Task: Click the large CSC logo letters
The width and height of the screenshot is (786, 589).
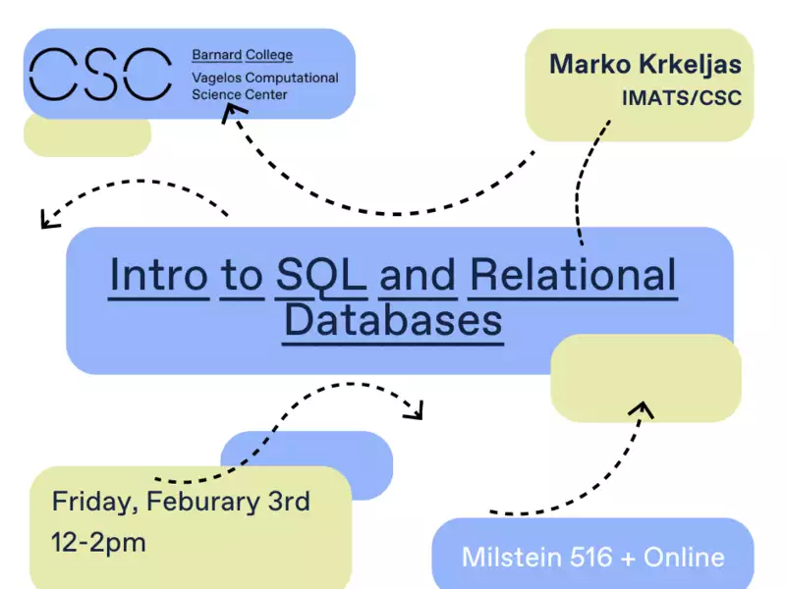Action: tap(101, 75)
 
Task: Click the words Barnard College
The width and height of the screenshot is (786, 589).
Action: tap(242, 55)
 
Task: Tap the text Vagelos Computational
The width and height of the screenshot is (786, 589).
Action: tap(265, 79)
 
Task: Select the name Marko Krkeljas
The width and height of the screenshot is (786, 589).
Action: tap(646, 65)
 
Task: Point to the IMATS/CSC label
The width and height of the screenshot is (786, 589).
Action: tap(682, 97)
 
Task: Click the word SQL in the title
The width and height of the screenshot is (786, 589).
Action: tap(321, 276)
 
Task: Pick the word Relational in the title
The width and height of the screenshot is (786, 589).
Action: tap(573, 275)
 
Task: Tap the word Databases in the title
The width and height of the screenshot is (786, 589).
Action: tap(393, 320)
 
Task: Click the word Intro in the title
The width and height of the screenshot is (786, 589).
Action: tap(158, 275)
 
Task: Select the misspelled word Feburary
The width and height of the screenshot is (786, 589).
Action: tap(203, 502)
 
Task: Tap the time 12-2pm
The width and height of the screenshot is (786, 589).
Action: tap(98, 544)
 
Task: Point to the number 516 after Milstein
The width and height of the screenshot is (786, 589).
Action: tap(591, 557)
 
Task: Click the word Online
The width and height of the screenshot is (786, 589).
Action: tap(684, 557)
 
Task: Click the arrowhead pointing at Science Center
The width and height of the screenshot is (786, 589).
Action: tap(232, 112)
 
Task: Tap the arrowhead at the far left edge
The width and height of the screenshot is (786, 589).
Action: tap(48, 219)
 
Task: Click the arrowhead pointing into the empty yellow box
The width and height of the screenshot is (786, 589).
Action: tap(643, 408)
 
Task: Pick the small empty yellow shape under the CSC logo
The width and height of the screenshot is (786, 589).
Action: tap(87, 136)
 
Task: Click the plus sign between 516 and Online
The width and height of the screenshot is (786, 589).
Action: tap(628, 558)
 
